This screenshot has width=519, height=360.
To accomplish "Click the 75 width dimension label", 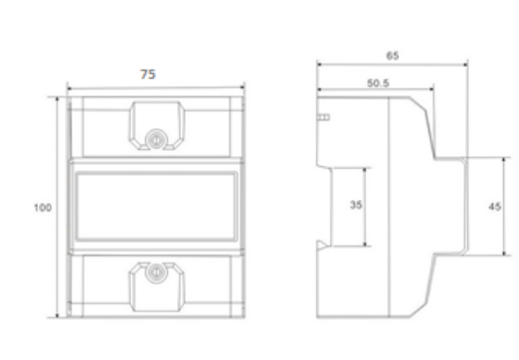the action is click(x=148, y=75).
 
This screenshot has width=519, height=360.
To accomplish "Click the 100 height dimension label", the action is click(x=43, y=208).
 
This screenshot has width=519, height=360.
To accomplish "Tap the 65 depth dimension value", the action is click(x=393, y=56).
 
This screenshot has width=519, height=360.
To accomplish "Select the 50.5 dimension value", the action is click(x=378, y=83).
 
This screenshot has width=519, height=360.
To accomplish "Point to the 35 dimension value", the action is click(x=356, y=205).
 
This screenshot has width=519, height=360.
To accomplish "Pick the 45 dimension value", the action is click(x=494, y=207).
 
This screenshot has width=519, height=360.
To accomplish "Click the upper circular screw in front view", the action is click(x=156, y=139).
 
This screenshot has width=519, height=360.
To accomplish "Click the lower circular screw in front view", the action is click(x=156, y=272).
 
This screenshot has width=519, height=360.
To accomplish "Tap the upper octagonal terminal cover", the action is click(x=156, y=125).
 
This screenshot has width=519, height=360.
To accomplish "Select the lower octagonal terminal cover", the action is click(x=156, y=287).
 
